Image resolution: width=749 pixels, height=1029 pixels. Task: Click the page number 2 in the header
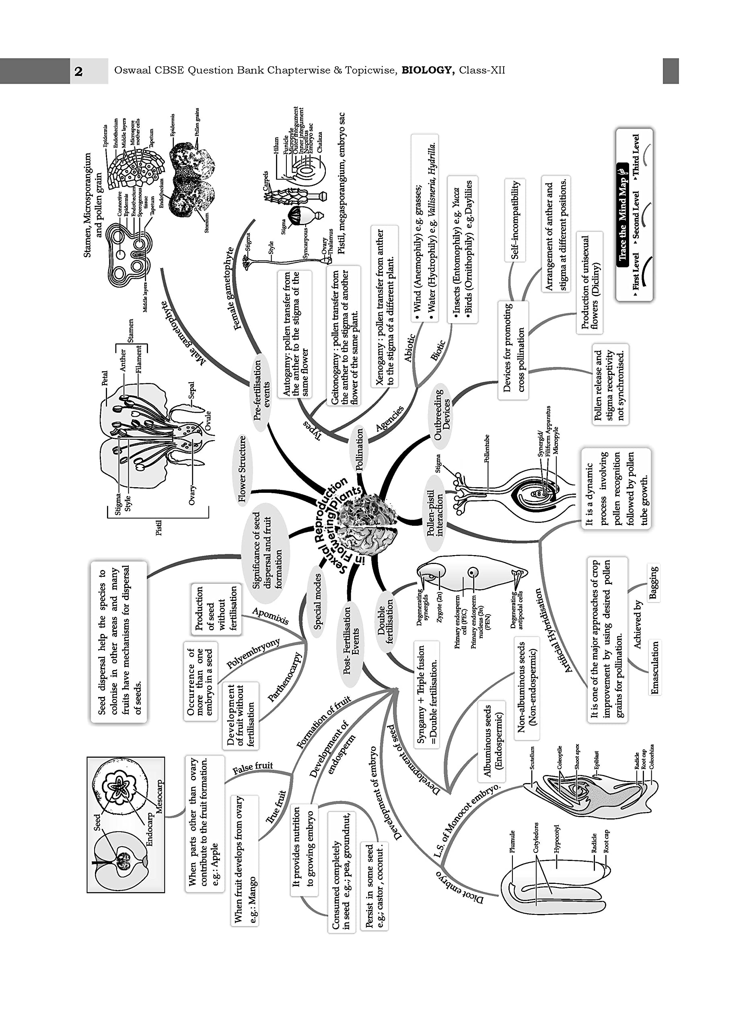(x=78, y=71)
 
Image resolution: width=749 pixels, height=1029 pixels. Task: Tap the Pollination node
(x=359, y=449)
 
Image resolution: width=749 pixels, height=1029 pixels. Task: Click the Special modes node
(x=317, y=602)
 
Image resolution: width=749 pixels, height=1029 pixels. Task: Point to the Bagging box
(x=654, y=582)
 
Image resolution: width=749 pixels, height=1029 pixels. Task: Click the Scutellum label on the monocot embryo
(x=532, y=758)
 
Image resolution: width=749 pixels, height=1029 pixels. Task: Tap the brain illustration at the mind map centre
(x=370, y=524)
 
